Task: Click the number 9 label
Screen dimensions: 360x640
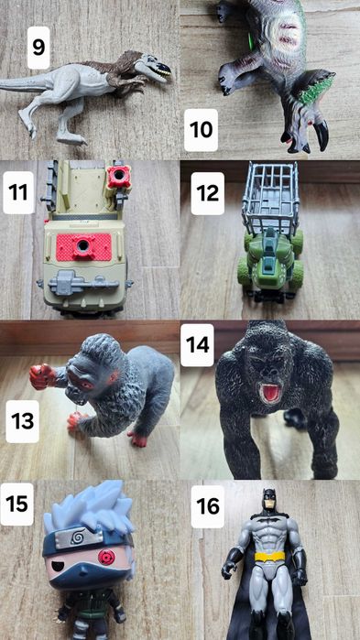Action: coord(38,48)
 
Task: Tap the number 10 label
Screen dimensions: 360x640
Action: coord(201,130)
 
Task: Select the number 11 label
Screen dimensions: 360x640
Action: coord(18,192)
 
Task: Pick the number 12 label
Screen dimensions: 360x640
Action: coord(207,193)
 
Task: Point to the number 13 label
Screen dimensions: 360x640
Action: coord(23,421)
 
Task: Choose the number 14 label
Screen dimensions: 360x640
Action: coord(198,345)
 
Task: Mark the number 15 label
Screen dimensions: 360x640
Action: coord(16,504)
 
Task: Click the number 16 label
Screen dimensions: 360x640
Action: coord(208,506)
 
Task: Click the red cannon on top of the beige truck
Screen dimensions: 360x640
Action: coord(119,177)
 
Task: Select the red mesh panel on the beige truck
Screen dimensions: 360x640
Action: coord(83,247)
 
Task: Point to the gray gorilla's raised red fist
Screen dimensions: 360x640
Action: coord(42,376)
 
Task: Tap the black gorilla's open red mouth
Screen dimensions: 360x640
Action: coord(270,393)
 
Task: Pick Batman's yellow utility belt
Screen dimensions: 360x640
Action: coord(270,557)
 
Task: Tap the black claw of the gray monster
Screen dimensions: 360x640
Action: coord(322,136)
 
